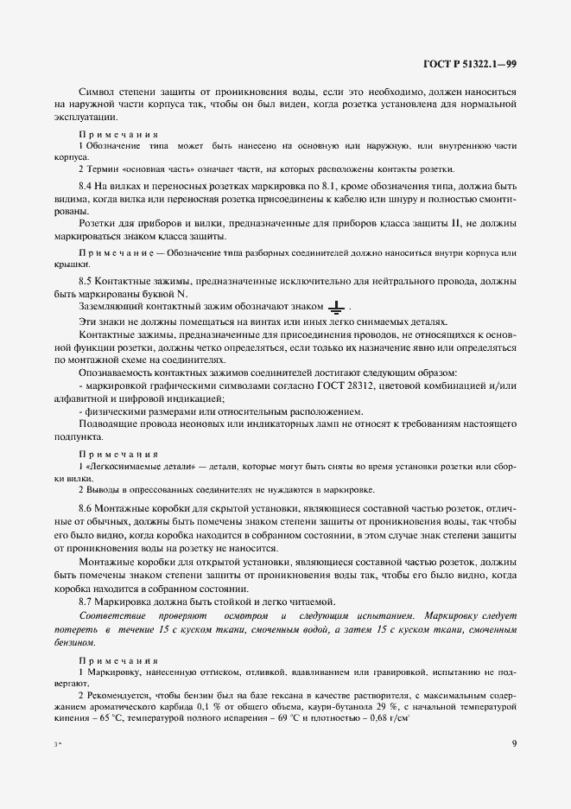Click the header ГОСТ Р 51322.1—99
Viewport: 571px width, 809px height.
coord(469,63)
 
